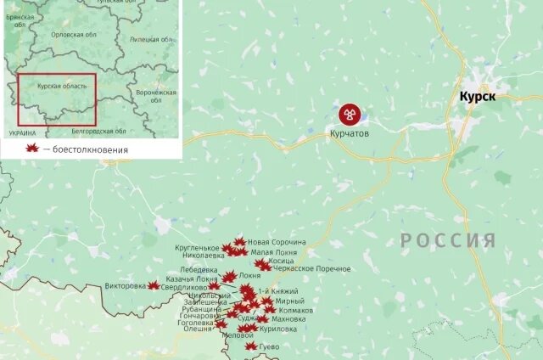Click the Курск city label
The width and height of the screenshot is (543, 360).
click(x=477, y=98)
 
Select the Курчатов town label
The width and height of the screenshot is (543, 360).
click(x=350, y=133)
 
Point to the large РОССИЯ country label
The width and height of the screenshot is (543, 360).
click(x=447, y=240)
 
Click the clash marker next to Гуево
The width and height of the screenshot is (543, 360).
click(x=250, y=346)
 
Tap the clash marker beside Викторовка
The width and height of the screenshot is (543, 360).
click(x=154, y=286)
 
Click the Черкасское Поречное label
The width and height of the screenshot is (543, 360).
click(x=311, y=269)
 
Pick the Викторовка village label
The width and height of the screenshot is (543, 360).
click(x=126, y=286)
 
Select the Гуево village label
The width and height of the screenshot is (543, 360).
click(x=267, y=346)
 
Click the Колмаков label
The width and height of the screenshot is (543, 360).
click(x=295, y=311)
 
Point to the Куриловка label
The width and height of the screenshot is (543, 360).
click(x=279, y=329)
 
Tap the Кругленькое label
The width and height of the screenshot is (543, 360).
click(x=198, y=247)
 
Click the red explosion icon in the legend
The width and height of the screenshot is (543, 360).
click(x=33, y=149)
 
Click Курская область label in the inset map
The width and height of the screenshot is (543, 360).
click(x=62, y=87)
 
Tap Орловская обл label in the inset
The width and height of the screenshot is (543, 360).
click(x=73, y=35)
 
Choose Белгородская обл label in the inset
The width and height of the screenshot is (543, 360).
click(x=98, y=131)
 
